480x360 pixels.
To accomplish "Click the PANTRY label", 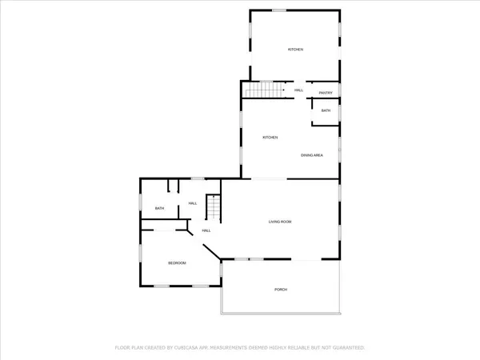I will point(326,93).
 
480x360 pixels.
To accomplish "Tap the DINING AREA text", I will point(312,154).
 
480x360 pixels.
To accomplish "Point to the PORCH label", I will point(280,289).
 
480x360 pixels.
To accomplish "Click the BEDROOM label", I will point(177,262).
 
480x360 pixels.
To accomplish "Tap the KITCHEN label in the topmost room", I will point(296,50).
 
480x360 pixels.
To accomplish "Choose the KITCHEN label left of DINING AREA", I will point(270,138).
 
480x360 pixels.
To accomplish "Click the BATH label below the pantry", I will point(326,110).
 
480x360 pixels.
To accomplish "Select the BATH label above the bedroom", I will point(160,209).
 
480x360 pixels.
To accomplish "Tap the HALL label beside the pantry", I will point(298,90).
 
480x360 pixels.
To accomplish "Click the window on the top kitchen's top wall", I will point(279,10).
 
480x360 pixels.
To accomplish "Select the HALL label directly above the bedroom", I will point(206,230).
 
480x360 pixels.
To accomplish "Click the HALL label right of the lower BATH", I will point(193,203).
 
